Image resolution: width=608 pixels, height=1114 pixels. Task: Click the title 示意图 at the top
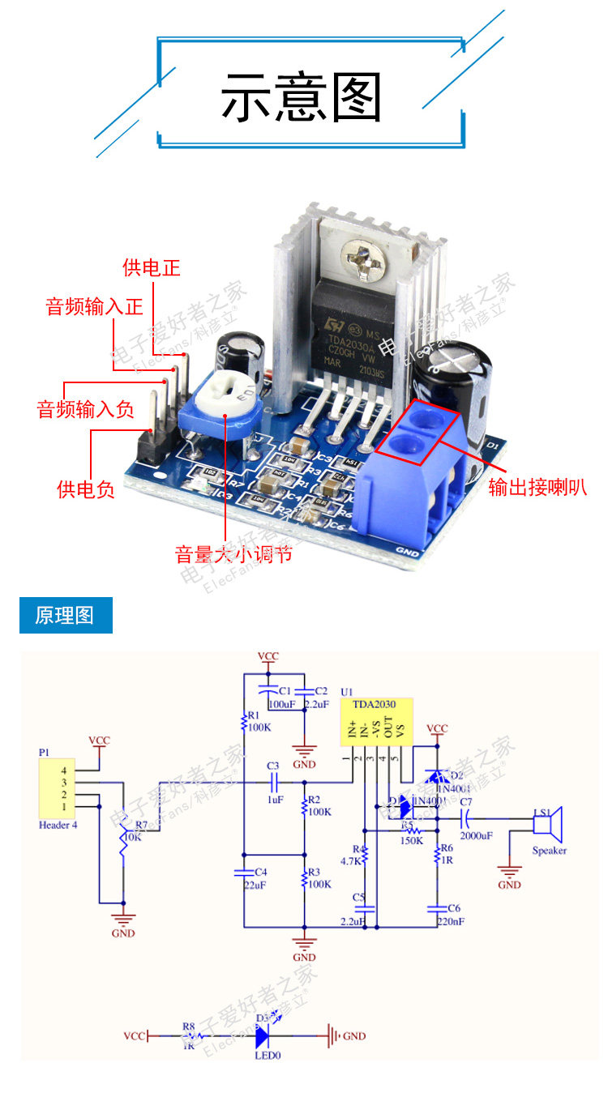tap(301, 97)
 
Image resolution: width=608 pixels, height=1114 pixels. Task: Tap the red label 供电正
tap(151, 268)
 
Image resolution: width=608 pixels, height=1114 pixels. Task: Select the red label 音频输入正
tap(94, 307)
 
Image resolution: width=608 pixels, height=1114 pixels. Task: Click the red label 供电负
tap(85, 489)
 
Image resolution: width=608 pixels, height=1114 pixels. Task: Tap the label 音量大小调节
tap(233, 555)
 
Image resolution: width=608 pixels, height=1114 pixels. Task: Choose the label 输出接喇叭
tap(537, 487)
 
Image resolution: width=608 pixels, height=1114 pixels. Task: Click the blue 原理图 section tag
tap(65, 615)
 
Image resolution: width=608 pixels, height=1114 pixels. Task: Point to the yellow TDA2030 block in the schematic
tap(377, 723)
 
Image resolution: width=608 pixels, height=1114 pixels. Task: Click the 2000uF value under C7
tap(476, 835)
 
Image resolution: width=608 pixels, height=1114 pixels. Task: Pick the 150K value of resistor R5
tap(411, 840)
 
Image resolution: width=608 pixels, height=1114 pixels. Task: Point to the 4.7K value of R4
tap(351, 860)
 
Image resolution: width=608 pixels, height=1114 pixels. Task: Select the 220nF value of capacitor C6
tap(449, 920)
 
